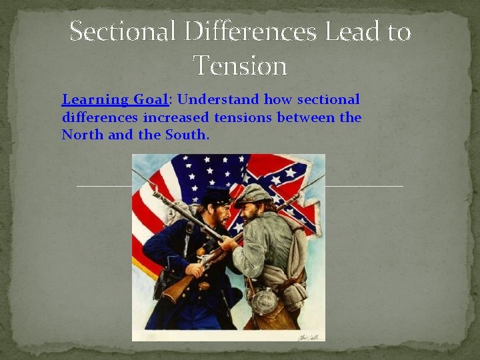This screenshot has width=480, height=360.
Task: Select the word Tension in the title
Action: (x=240, y=65)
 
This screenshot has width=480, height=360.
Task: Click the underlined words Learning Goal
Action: (x=115, y=100)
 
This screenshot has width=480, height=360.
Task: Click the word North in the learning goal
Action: (x=79, y=135)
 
